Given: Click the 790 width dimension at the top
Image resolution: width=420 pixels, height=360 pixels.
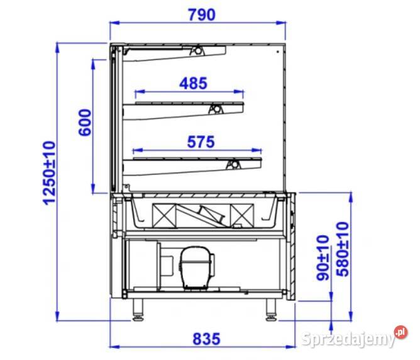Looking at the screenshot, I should [x=199, y=14].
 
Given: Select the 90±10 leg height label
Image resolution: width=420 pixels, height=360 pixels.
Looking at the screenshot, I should [x=323, y=257].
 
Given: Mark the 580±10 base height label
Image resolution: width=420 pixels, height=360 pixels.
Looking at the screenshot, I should [x=342, y=249].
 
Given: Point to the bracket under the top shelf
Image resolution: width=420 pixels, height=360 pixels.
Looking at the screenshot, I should [x=199, y=50].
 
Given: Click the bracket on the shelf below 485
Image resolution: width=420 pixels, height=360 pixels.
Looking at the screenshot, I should [x=214, y=108].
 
